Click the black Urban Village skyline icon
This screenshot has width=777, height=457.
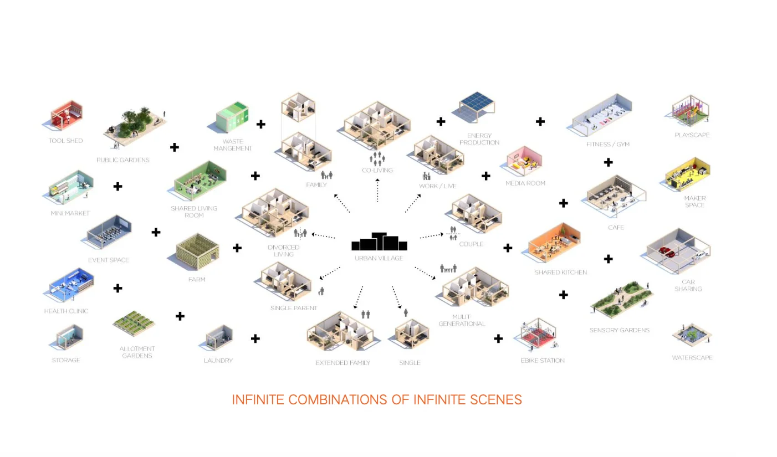380,242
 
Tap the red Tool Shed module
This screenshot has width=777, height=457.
66,116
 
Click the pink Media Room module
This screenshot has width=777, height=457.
524,160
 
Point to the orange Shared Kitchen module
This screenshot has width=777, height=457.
554,244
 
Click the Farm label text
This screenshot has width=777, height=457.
197,280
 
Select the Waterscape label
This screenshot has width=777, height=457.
692,358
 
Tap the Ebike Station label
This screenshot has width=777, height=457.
543,361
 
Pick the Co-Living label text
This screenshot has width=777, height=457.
377,171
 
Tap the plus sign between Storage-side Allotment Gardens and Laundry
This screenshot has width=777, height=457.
180,316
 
